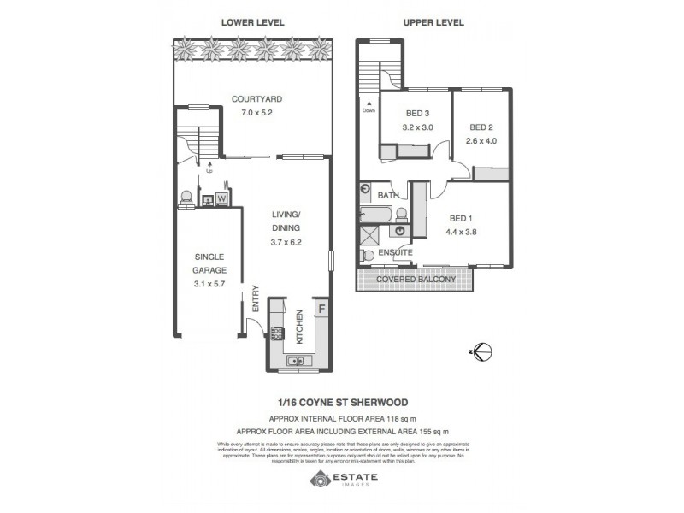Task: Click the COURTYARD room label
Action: click(x=256, y=100)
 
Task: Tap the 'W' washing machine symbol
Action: click(x=221, y=199)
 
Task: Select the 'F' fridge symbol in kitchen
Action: click(x=321, y=308)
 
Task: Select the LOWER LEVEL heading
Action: click(x=253, y=23)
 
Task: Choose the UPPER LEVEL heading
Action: click(x=434, y=23)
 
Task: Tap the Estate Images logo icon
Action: click(x=319, y=481)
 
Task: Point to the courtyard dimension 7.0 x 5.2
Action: click(x=256, y=113)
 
